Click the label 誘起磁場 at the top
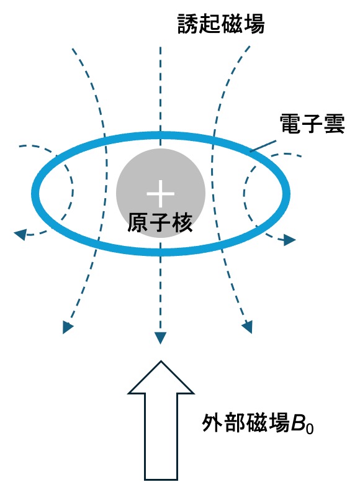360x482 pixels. [221, 24]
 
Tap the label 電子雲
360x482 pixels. [312, 124]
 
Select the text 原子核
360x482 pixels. [160, 222]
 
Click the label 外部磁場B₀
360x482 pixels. [258, 424]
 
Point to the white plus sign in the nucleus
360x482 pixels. [160, 194]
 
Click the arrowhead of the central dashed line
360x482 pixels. [160, 338]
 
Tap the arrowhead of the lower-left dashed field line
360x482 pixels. [67, 327]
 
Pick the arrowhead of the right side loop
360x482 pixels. [289, 240]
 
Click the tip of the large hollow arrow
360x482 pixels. [161, 361]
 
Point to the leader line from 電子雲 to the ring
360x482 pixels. [263, 146]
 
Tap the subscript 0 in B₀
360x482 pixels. [310, 428]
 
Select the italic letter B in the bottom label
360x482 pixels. [298, 424]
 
